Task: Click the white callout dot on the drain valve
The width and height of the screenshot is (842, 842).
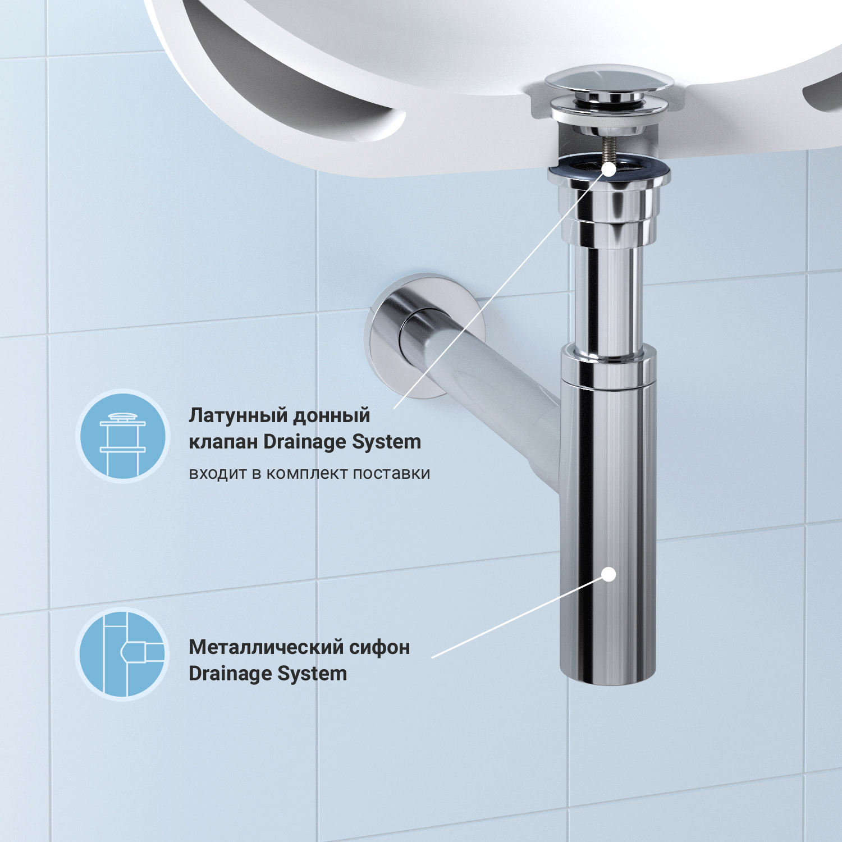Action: point(608,170)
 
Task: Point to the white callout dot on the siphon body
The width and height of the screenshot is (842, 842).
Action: point(608,574)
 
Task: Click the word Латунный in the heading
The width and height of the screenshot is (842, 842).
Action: point(238,416)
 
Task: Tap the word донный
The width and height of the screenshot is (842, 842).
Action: point(332,416)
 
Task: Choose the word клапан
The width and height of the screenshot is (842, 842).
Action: point(223,442)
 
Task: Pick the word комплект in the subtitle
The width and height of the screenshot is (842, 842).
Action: point(307,474)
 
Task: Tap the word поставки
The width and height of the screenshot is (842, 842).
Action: point(392,474)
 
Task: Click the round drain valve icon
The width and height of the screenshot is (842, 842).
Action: point(123,436)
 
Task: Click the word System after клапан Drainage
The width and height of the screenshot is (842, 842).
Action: point(386,442)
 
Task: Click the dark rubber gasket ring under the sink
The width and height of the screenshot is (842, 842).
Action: point(609,168)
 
